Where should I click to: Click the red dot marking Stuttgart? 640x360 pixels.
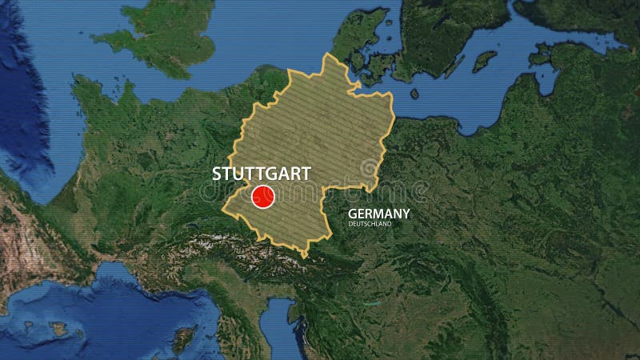pyautogui.click(x=263, y=197)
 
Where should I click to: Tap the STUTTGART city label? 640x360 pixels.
pyautogui.click(x=261, y=174)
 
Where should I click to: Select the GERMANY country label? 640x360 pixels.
pyautogui.click(x=378, y=214)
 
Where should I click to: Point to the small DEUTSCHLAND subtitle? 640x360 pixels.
pyautogui.click(x=370, y=224)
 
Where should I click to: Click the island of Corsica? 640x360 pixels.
pyautogui.click(x=184, y=338)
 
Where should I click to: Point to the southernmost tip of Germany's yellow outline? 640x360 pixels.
pyautogui.click(x=305, y=256)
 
